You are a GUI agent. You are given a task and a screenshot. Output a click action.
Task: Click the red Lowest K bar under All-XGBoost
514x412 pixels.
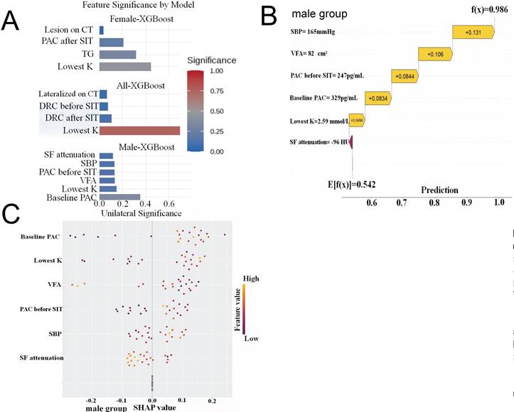[x=139, y=131]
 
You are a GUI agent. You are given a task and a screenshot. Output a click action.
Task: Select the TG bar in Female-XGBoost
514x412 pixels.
[x=117, y=54]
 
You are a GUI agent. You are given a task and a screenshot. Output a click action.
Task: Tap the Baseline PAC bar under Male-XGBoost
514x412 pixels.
[x=119, y=197]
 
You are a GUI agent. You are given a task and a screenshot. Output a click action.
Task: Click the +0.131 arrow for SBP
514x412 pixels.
[x=471, y=32]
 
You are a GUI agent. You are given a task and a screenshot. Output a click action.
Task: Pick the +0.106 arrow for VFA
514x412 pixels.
[x=435, y=54]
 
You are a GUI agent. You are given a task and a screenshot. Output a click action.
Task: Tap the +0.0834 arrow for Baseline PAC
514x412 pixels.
[x=378, y=97]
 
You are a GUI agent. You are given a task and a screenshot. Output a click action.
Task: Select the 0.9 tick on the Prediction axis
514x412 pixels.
[x=466, y=202]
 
